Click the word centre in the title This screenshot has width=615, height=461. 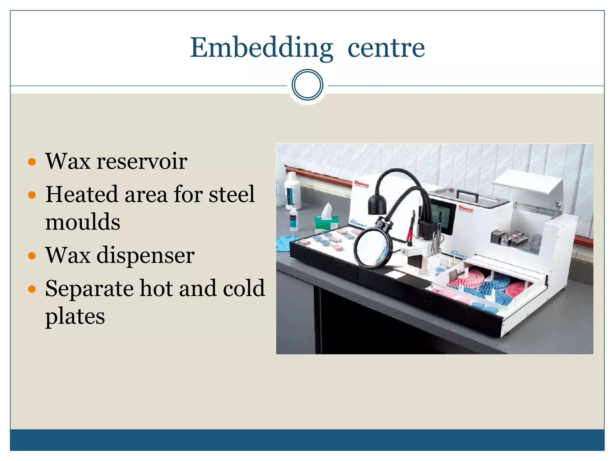386,48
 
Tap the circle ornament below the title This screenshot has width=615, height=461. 307,85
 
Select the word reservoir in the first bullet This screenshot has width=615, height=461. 142,161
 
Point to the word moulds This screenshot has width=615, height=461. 83,222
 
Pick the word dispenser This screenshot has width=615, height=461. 145,255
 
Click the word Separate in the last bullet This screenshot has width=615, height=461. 89,288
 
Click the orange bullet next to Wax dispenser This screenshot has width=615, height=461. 32,256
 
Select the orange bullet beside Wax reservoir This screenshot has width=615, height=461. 32,162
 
